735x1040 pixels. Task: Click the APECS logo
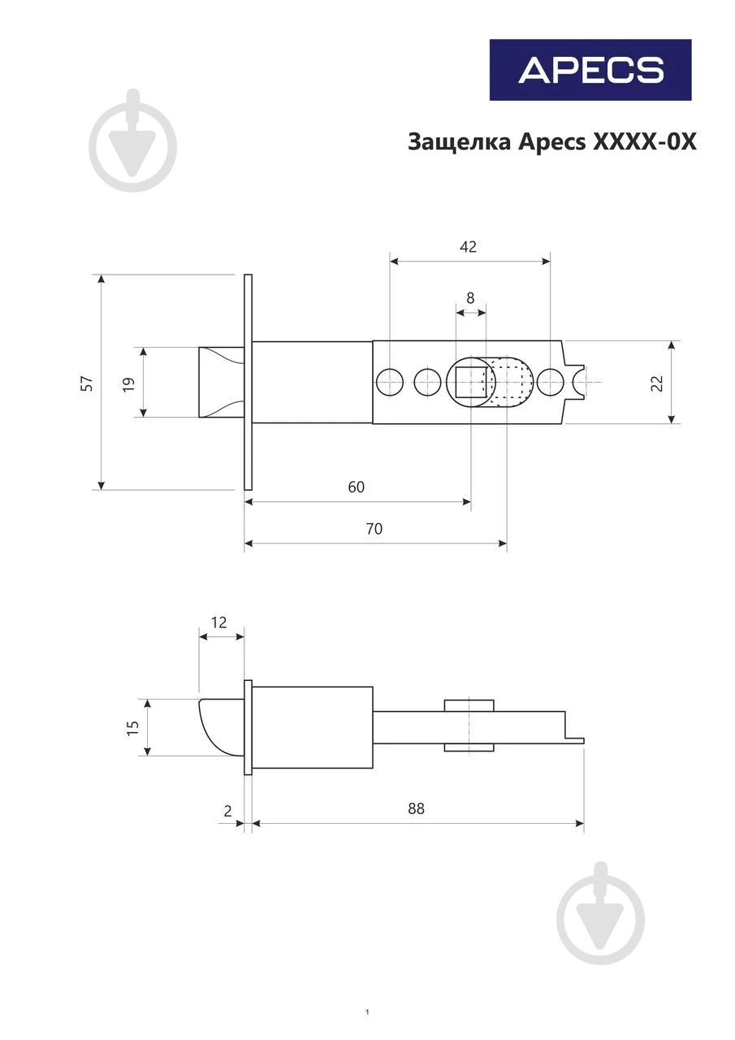[590, 70]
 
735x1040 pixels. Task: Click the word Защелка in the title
[460, 143]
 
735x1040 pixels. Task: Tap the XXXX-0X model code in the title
[644, 142]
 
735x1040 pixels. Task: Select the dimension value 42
[468, 246]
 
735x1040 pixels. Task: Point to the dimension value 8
[470, 297]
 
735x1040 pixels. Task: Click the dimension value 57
[87, 383]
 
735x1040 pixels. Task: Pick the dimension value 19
[128, 383]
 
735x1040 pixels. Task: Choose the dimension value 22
[657, 383]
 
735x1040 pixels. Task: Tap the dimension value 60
[356, 487]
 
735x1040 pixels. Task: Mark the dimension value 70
[374, 528]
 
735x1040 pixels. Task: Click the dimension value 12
[218, 622]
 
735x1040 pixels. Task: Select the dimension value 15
[132, 727]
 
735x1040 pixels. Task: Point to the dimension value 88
[416, 808]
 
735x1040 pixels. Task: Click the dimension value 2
[227, 811]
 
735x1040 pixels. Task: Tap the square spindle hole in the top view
[470, 382]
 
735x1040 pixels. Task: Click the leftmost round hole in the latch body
[390, 382]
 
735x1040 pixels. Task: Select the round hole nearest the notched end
[551, 382]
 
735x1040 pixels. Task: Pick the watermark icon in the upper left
[133, 140]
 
